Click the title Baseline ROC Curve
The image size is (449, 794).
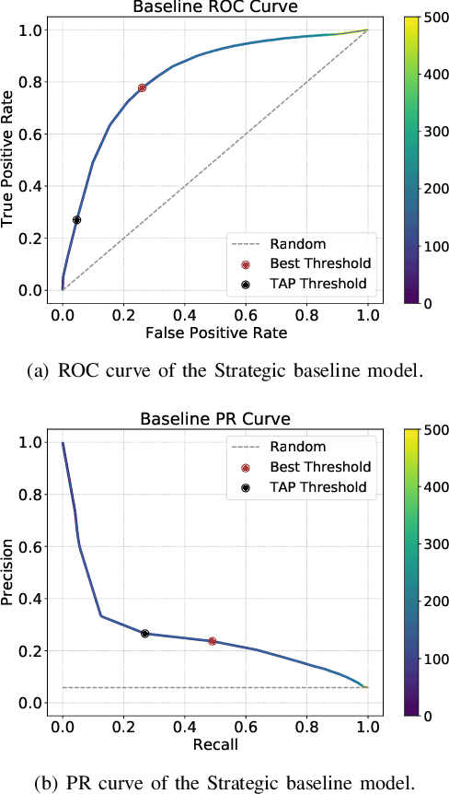click(214, 8)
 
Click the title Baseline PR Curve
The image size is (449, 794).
click(214, 419)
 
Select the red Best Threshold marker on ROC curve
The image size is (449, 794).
click(142, 88)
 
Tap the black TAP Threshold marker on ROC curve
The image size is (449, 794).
click(76, 220)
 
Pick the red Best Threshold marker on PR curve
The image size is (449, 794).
click(213, 641)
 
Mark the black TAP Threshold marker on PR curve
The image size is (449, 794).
click(144, 634)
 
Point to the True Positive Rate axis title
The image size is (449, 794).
click(8, 159)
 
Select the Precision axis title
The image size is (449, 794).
click(8, 572)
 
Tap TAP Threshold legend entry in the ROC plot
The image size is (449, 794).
click(317, 283)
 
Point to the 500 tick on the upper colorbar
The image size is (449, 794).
click(432, 18)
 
